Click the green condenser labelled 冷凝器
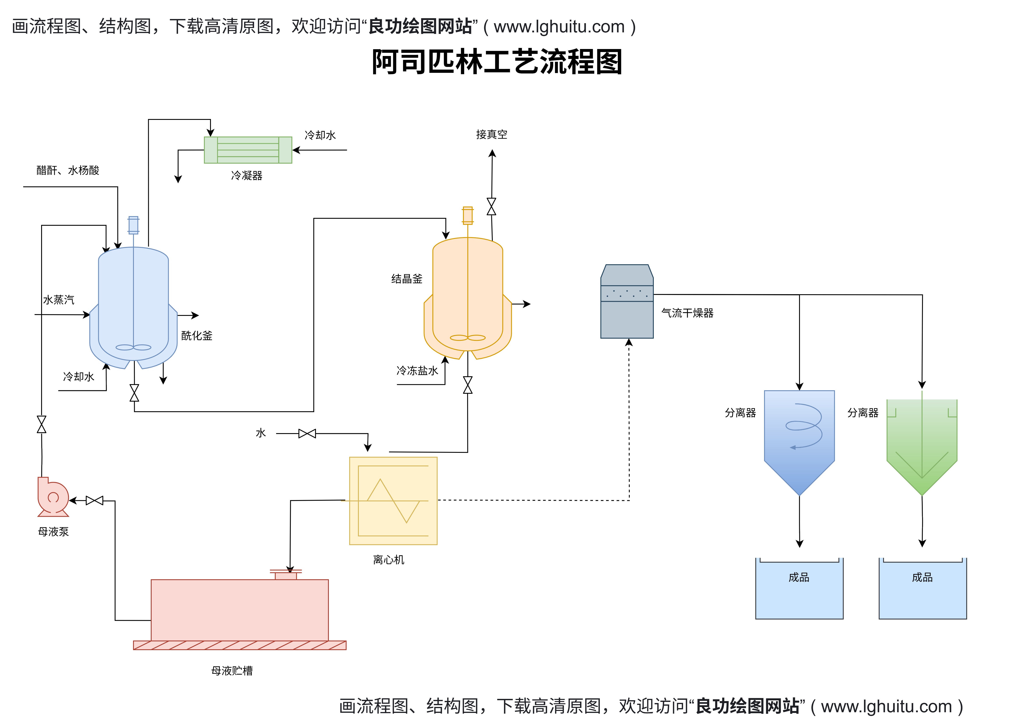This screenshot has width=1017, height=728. click(x=248, y=150)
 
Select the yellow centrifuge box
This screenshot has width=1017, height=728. click(x=393, y=501)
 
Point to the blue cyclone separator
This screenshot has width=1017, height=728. click(x=799, y=439)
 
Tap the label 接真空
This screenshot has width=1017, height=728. click(x=491, y=135)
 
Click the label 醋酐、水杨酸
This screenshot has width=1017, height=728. click(x=68, y=170)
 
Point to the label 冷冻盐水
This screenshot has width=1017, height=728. click(x=417, y=371)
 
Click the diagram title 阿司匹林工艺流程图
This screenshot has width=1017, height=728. click(x=497, y=62)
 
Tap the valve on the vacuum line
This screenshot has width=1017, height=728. click(x=491, y=207)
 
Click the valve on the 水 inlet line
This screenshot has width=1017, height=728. click(x=307, y=434)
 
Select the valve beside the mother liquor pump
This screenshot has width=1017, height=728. click(x=94, y=500)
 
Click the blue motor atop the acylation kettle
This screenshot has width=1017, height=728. click(x=133, y=225)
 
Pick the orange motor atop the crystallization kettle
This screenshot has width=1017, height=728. click(x=468, y=216)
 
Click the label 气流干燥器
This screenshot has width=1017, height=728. click(x=687, y=313)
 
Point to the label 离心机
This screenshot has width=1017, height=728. click(x=388, y=560)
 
